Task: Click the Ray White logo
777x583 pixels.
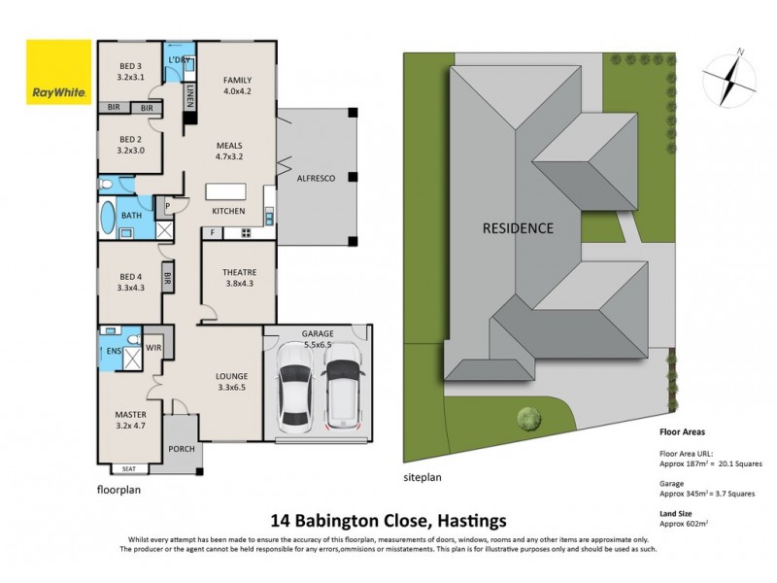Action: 59,73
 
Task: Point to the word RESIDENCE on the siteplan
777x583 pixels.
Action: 519,229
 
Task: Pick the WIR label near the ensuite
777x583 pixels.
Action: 152,347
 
